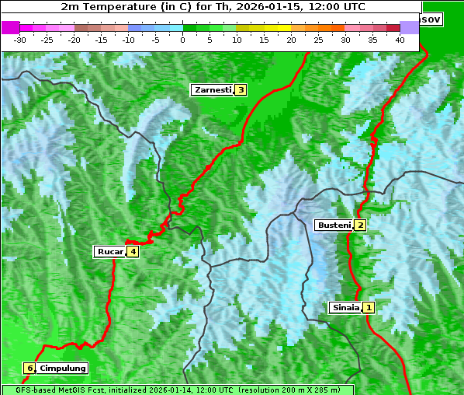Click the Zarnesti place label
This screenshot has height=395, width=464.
(x=213, y=90)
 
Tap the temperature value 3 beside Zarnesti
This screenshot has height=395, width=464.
(x=241, y=90)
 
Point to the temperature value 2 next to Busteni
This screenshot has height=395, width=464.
(x=360, y=225)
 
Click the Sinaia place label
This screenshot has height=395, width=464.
(x=345, y=307)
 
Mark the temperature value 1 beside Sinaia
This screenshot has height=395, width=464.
(x=369, y=307)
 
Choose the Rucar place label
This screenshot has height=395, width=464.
(x=109, y=251)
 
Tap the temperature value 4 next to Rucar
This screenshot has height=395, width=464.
(x=133, y=251)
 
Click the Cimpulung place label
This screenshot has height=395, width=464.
(x=63, y=368)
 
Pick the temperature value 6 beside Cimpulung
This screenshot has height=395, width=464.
(x=29, y=368)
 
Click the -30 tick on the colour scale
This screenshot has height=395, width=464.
(x=20, y=40)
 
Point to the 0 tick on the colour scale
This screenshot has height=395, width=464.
(x=183, y=40)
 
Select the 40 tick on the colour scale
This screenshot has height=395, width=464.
(x=400, y=40)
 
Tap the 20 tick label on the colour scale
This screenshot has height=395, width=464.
(x=292, y=40)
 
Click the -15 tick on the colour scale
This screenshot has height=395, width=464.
(x=102, y=40)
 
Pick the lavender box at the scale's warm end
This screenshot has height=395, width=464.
(x=409, y=27)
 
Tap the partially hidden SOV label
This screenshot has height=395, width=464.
(x=431, y=19)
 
